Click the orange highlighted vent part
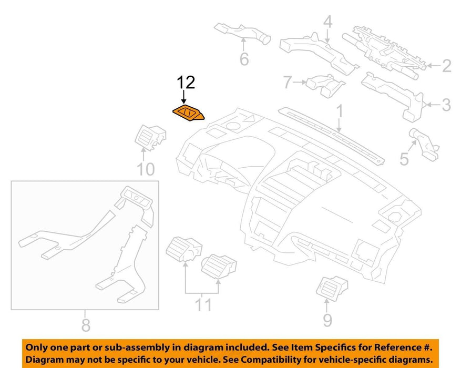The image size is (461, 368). click(188, 114)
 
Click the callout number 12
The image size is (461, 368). click(186, 83)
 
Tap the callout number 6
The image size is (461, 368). click(244, 59)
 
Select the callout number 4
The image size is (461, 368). click(328, 22)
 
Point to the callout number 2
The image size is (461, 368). click(447, 66)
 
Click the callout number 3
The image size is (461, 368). click(446, 105)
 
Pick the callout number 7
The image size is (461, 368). click(288, 82)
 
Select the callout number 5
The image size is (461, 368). click(404, 159)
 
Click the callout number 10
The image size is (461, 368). click(146, 169)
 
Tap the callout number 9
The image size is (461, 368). click(327, 320)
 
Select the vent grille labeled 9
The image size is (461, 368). click(332, 288)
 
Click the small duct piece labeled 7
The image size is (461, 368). click(325, 85)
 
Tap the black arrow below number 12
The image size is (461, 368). click(184, 97)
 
